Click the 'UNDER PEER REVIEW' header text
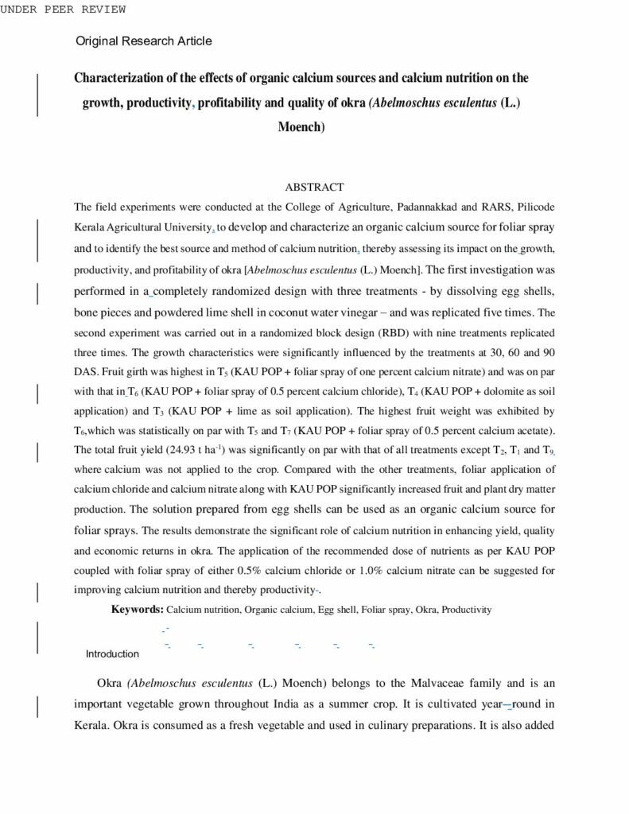63,9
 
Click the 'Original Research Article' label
144,41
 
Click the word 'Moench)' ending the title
301,126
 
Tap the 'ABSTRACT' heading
314,188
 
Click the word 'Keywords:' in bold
137,610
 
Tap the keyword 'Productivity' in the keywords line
467,610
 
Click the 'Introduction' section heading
112,654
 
